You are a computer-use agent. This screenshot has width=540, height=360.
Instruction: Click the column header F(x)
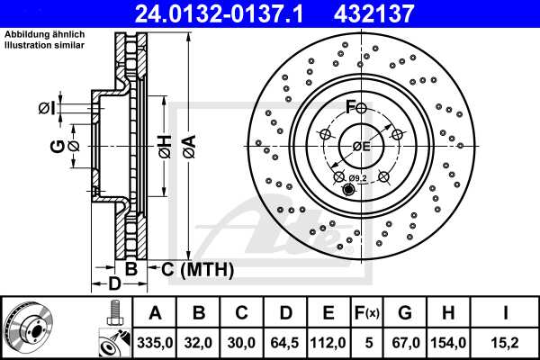(367, 312)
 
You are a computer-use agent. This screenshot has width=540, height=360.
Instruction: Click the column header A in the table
(154, 312)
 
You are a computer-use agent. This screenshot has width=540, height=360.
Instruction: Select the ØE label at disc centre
(361, 146)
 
